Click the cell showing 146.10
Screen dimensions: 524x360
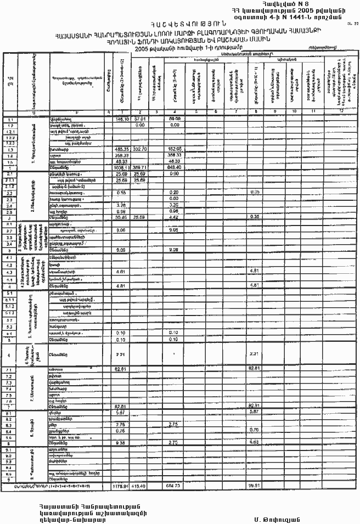(121, 119)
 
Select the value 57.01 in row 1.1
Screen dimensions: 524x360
(139, 119)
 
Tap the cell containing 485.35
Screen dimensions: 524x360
(121, 149)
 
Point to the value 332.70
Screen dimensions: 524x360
(139, 149)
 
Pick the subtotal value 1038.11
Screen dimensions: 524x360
(121, 168)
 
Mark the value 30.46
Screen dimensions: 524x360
(121, 217)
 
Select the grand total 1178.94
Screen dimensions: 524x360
(121, 487)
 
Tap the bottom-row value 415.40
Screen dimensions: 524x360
(139, 487)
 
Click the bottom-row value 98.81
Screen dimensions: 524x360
(254, 487)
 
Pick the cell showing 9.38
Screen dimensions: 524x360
(121, 442)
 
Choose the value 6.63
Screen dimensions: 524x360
(254, 442)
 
